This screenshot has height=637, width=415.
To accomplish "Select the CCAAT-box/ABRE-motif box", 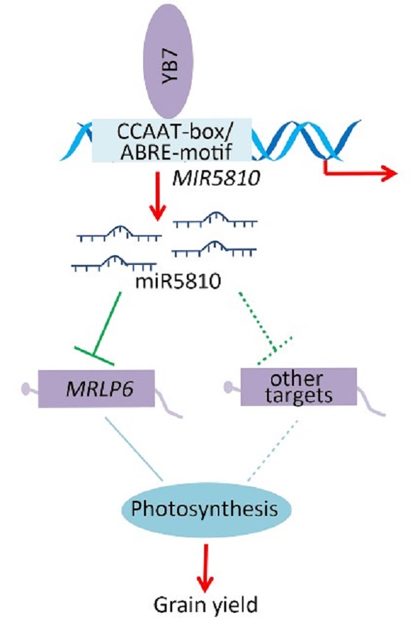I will click(x=172, y=140).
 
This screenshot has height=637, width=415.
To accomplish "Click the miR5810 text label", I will click(x=174, y=281).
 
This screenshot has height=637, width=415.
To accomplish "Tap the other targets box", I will click(x=298, y=387).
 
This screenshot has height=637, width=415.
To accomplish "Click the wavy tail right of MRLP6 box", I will click(x=169, y=404).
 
